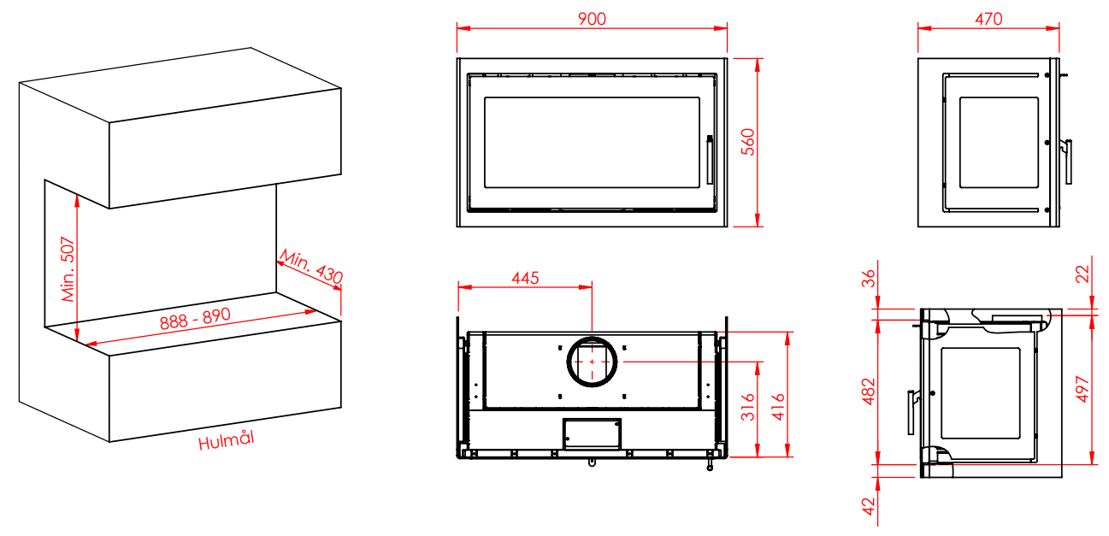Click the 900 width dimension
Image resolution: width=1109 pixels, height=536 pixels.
[x=592, y=19]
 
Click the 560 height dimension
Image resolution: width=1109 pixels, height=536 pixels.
[x=747, y=142]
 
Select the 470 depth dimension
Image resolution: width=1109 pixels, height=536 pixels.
[x=988, y=19]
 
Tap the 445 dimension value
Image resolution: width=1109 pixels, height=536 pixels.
[x=525, y=278]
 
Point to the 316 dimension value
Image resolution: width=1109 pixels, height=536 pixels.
[x=747, y=407]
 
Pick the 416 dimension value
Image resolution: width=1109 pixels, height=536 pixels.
[x=778, y=407]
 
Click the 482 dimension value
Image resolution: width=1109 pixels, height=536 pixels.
[x=869, y=392]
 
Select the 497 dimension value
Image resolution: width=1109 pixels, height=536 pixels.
[x=1082, y=390]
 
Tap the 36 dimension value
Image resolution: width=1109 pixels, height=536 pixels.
[x=869, y=278]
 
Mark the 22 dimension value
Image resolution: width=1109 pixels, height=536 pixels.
[x=1082, y=274]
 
